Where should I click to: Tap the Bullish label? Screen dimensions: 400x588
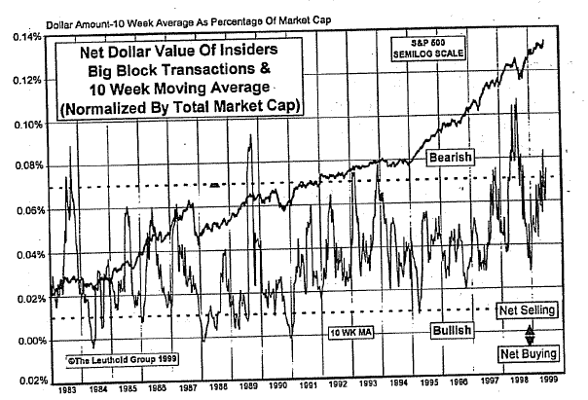tap(450, 331)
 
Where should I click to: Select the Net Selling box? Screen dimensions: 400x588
tap(526, 310)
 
